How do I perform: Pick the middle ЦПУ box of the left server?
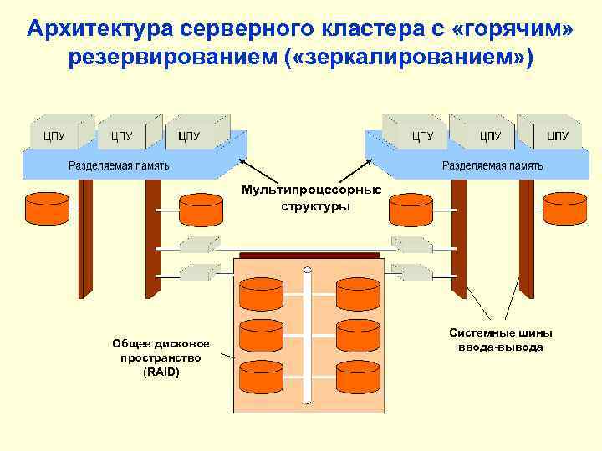click(120, 134)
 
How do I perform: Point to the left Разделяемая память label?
click(119, 165)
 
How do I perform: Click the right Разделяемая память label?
click(492, 165)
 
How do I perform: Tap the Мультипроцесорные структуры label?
click(311, 198)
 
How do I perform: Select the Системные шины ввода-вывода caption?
click(500, 340)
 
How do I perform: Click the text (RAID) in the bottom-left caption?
click(161, 372)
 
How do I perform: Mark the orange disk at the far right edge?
click(564, 209)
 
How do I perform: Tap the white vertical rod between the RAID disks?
click(308, 334)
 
